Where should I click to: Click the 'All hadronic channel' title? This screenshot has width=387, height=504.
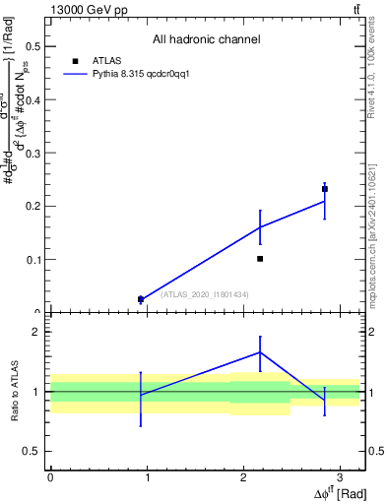coord(206,40)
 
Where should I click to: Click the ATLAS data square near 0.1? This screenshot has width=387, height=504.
coord(260,259)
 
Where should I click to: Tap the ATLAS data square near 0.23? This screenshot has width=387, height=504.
coord(325,189)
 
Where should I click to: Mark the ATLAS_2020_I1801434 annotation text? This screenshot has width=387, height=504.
coord(205,294)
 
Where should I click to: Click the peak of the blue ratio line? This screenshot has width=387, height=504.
coord(260,351)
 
